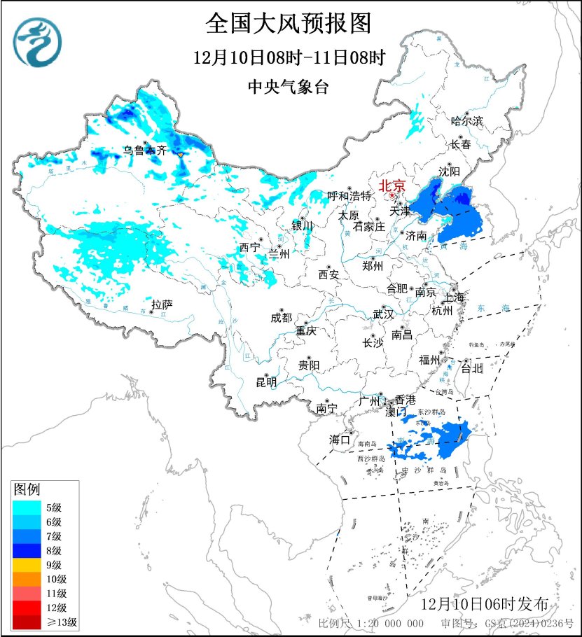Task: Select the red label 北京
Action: [392, 186]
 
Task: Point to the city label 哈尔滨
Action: [467, 121]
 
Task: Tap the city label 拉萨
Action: [162, 304]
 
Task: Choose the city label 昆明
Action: [266, 382]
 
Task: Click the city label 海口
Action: [340, 440]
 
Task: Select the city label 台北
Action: [473, 367]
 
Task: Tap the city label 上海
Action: [454, 297]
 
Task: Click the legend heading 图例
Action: [27, 487]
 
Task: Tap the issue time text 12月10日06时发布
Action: [490, 604]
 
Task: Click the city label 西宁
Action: [249, 247]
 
